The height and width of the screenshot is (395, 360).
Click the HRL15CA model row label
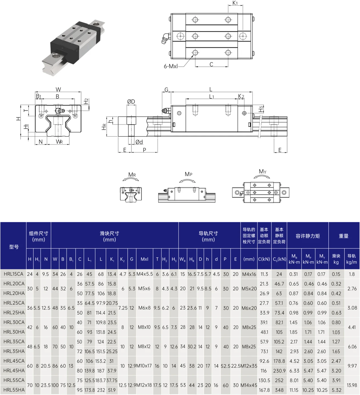tap(13, 274)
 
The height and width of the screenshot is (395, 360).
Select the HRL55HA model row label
tap(14, 390)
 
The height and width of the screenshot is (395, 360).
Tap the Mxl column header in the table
tap(144, 259)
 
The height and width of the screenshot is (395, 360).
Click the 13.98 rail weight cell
tap(352, 385)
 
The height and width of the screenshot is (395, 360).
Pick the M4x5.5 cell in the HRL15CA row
tap(145, 274)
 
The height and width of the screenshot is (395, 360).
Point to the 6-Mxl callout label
tap(171, 66)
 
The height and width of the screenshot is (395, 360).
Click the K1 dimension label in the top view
tap(235, 3)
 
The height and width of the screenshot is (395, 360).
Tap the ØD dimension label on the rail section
tap(131, 102)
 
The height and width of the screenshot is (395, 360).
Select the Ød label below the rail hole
tap(139, 142)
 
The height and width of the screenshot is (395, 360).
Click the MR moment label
tap(132, 174)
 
